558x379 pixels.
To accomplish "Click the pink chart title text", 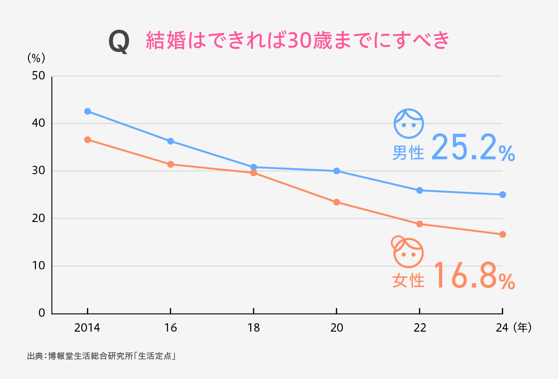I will pos(298,41).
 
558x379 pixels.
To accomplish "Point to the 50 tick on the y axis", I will pos(38,76).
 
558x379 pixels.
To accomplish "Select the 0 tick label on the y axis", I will pos(41,313).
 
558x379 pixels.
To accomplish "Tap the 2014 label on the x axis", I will pos(87,328).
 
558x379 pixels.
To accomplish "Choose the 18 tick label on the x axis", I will pos(253,328).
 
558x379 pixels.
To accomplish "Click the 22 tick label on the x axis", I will pos(419,328).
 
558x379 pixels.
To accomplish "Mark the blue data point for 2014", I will pos(87,111).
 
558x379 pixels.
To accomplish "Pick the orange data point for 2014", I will pos(87,140).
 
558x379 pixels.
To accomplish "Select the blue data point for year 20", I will pos(336,171).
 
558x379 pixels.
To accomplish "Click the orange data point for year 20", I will pos(336,202).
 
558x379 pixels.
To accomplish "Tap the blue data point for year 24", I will pos(503,195).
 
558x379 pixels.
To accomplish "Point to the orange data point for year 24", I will pos(503,235).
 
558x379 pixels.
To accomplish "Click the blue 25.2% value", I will pos(472,148).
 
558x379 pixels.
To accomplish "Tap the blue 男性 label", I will pos(408,153).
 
